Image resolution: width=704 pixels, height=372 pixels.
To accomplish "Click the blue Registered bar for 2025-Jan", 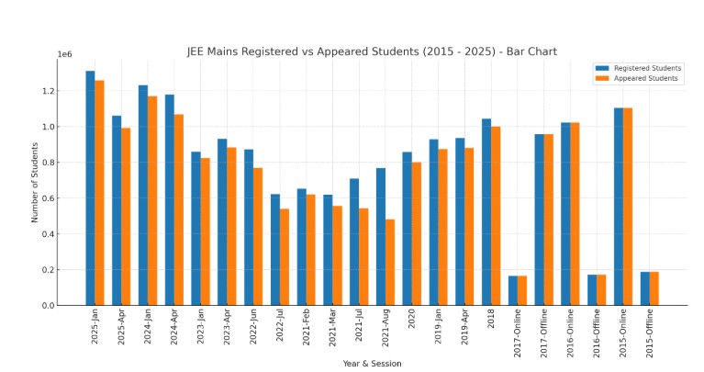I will coord(90,188).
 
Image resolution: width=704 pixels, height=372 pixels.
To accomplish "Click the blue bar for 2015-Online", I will coord(619,207).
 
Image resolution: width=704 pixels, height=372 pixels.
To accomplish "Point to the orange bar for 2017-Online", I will coord(522,290).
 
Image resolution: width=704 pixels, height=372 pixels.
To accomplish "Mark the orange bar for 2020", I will coord(416,233).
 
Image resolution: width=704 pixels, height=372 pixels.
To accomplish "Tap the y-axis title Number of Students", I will coord(36,182).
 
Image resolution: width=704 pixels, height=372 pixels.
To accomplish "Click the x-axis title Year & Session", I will coord(371,363).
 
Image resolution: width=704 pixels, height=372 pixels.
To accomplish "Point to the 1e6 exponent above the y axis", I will coord(64,55).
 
